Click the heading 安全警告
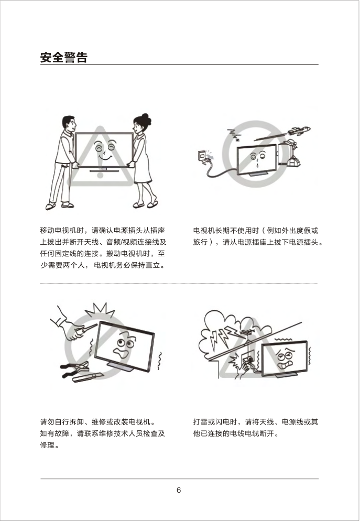click(64, 58)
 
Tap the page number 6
click(179, 490)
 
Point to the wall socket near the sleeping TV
click(202, 156)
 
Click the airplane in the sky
click(299, 130)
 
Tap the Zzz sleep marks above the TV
click(234, 134)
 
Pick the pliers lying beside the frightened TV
click(74, 369)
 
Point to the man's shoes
click(59, 206)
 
